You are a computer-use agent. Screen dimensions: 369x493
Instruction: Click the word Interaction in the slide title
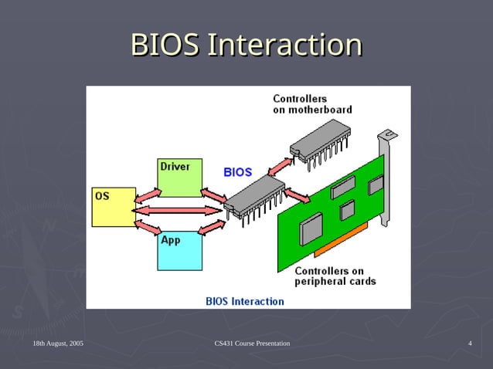pos(286,45)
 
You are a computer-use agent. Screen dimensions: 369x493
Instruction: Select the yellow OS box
pos(113,207)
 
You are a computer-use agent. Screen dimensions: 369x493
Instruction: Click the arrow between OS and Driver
pos(146,194)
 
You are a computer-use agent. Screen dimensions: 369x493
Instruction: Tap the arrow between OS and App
pos(146,225)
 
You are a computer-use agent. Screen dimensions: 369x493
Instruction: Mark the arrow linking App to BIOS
pos(212,226)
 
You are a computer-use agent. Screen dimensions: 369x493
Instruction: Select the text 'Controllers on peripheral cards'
pos(335,276)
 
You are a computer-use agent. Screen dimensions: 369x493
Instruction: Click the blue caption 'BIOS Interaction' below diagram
pos(244,301)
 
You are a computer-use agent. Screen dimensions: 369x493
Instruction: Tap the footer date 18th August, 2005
pos(58,343)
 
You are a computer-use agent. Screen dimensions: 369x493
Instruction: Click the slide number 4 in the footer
pos(470,343)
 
